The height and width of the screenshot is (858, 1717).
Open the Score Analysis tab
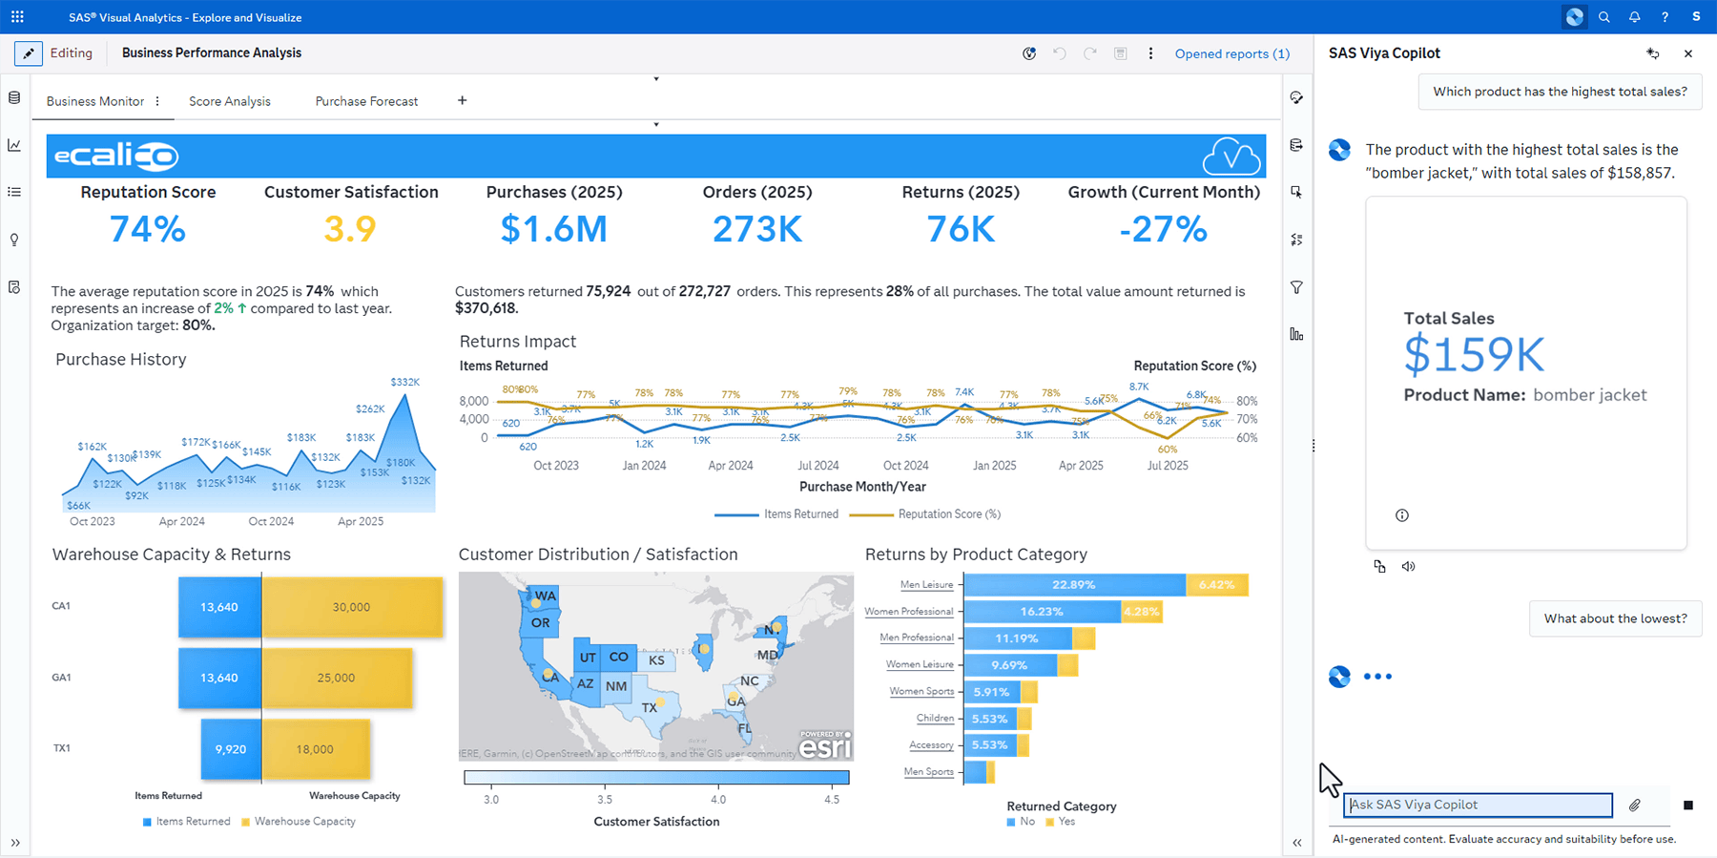229,101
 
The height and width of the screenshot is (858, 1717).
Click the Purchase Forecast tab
366,101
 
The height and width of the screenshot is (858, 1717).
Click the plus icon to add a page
463,100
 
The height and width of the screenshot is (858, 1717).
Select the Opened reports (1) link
1231,53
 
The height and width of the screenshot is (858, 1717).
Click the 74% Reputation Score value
147,229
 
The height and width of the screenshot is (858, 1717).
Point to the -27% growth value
1163,229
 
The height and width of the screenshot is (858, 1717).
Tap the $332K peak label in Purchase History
404,382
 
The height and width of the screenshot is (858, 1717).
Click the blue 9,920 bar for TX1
231,749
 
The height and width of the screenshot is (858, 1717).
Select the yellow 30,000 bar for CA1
351,607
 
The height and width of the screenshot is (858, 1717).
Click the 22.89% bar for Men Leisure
1074,585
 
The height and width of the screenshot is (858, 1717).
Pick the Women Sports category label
921,691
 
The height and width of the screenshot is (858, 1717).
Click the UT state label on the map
588,658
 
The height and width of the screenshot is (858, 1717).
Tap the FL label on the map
745,728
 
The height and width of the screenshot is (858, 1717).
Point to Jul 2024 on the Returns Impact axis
818,466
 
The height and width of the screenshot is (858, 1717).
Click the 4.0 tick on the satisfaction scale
718,800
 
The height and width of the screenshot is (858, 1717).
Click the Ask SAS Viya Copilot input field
1477,806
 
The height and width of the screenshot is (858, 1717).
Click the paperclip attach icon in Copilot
1635,806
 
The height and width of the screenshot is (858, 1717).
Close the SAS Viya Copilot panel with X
1688,53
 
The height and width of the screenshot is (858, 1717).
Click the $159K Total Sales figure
1474,355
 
